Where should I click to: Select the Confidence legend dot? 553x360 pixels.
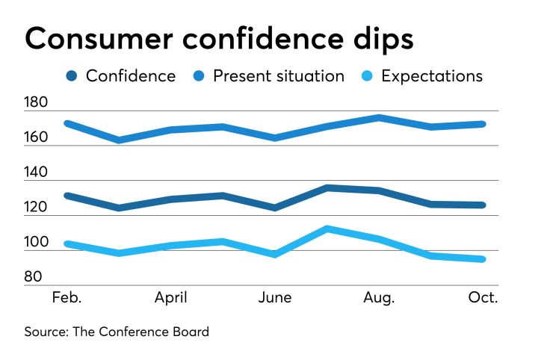[72, 76]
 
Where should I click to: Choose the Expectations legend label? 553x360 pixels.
[432, 76]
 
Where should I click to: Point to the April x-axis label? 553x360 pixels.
[170, 297]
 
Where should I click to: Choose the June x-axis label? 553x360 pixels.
[275, 297]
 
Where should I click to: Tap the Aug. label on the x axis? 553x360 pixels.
[379, 297]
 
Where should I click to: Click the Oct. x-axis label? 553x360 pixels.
[483, 297]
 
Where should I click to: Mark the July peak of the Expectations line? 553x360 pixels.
[327, 229]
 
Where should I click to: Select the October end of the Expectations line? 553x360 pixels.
[483, 259]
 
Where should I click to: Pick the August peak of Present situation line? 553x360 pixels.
[379, 117]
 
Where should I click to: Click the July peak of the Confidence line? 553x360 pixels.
[327, 187]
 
